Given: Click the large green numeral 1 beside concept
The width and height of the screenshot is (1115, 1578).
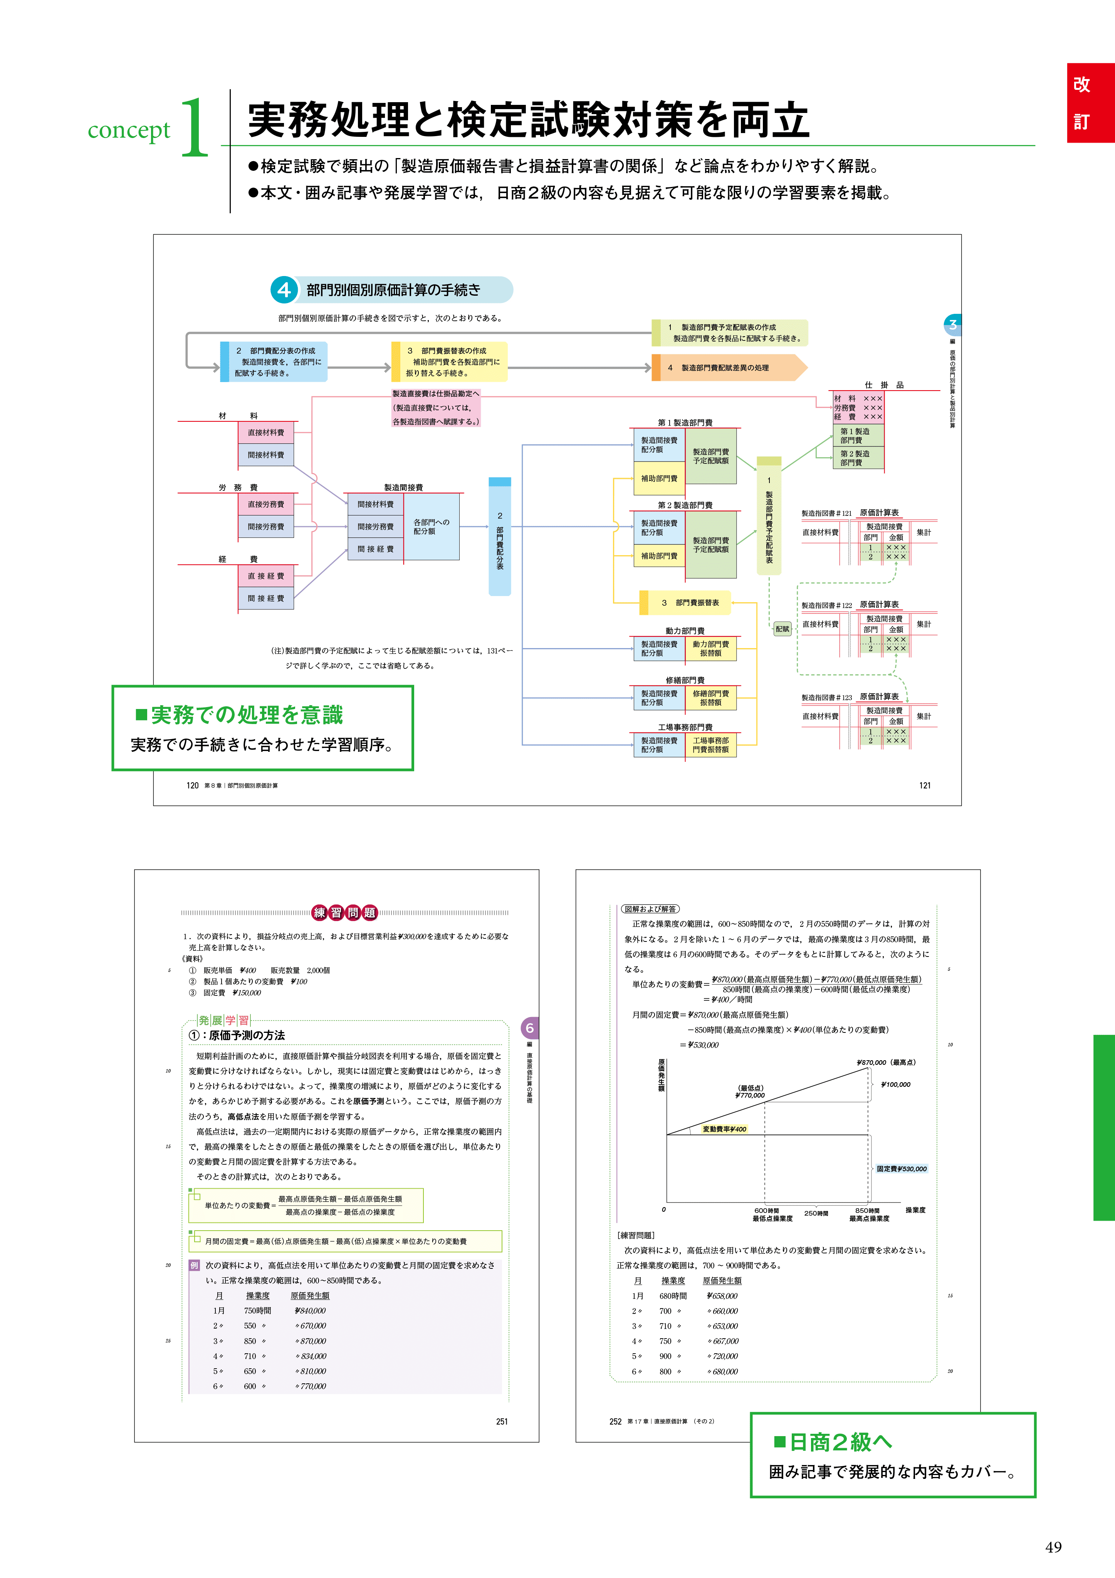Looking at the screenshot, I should point(195,127).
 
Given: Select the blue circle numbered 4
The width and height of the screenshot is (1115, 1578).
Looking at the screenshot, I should point(284,290).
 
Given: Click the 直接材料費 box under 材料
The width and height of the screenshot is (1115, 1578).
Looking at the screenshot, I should point(266,432).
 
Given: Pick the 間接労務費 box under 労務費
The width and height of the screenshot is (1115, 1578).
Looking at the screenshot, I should point(266,527).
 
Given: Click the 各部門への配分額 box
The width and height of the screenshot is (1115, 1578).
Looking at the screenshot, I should point(432,527).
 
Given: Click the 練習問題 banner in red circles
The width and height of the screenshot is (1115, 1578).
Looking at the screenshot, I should point(344,913).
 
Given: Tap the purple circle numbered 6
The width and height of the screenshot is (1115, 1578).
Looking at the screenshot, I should point(529,1028).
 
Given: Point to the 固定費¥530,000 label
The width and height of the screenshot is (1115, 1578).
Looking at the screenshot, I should point(901,1169).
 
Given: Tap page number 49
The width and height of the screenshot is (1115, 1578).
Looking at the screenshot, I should point(1053,1547).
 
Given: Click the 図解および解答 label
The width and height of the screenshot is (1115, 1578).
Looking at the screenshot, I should point(650,909).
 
